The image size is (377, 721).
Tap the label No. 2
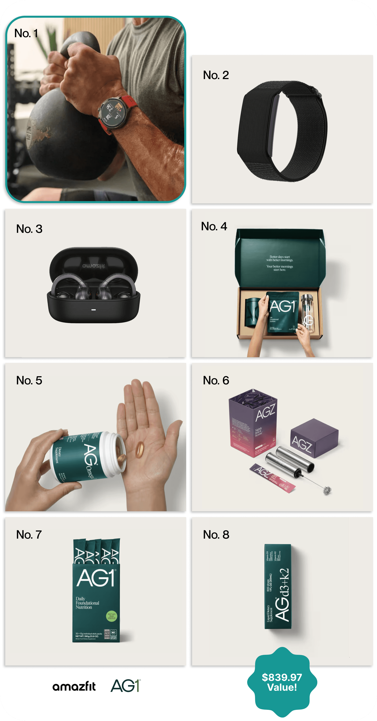tap(216, 75)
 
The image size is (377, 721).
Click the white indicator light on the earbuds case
tap(94, 310)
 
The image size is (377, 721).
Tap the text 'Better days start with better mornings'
tap(280, 258)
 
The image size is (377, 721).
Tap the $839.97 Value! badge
tap(282, 682)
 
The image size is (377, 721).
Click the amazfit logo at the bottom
tap(74, 686)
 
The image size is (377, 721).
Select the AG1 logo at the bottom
tap(126, 686)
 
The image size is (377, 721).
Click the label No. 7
tap(29, 535)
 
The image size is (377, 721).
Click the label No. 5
tap(29, 380)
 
